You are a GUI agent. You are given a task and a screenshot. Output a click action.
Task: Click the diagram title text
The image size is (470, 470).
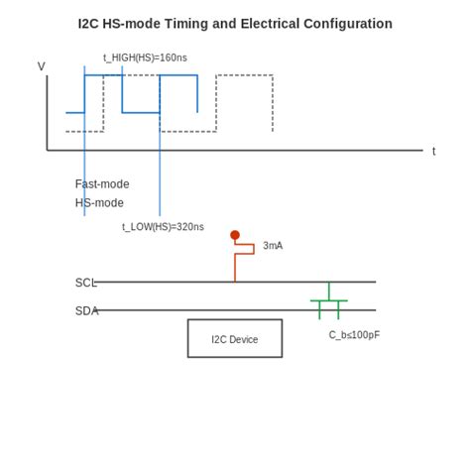[x=235, y=24]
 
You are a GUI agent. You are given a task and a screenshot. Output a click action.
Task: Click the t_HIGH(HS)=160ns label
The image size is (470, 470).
[x=145, y=58]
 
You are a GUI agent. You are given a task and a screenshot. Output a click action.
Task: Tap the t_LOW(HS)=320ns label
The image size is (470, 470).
[x=163, y=227]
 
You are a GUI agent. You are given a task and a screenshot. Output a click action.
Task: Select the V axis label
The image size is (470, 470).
[x=42, y=66]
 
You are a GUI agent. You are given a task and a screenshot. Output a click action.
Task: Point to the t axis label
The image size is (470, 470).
[x=433, y=152]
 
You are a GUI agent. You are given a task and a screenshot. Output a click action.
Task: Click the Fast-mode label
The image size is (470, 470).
[x=102, y=184]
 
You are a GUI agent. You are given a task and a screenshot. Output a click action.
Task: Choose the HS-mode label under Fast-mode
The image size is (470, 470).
[x=99, y=203]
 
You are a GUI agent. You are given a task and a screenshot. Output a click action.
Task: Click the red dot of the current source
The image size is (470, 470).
[x=235, y=235]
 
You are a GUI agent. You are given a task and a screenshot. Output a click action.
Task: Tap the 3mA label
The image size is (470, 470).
[x=273, y=246]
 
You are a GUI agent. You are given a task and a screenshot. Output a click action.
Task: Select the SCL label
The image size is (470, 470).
[x=85, y=283]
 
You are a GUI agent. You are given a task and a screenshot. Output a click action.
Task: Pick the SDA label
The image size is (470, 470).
[x=86, y=310]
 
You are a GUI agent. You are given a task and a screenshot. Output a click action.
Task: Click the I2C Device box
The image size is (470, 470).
[x=235, y=338]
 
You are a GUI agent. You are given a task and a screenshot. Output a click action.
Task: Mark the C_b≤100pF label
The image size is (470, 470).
[x=354, y=335]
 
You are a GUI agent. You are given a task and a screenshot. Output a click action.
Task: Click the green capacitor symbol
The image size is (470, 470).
[x=329, y=300]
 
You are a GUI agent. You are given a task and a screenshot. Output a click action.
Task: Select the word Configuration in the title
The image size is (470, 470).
[x=354, y=24]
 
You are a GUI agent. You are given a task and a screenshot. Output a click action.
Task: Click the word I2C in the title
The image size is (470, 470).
[x=90, y=24]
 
